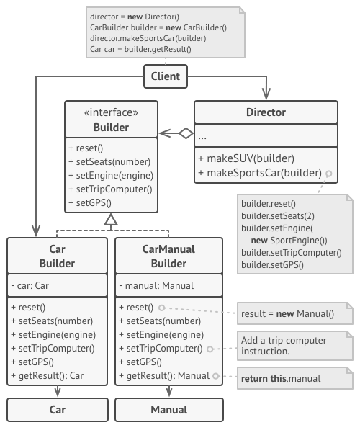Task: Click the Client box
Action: pyautogui.click(x=166, y=75)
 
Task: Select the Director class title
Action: pyautogui.click(x=266, y=112)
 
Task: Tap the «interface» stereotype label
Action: pyautogui.click(x=112, y=112)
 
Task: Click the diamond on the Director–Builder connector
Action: pyautogui.click(x=186, y=133)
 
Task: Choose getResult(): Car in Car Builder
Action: pyautogui.click(x=48, y=375)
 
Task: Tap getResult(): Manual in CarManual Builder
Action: pyautogui.click(x=163, y=375)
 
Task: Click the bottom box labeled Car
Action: pyautogui.click(x=57, y=410)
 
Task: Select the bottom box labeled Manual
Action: pyautogui.click(x=168, y=410)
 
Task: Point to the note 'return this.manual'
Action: pyautogui.click(x=291, y=377)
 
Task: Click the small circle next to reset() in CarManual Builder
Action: pyautogui.click(x=163, y=308)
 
